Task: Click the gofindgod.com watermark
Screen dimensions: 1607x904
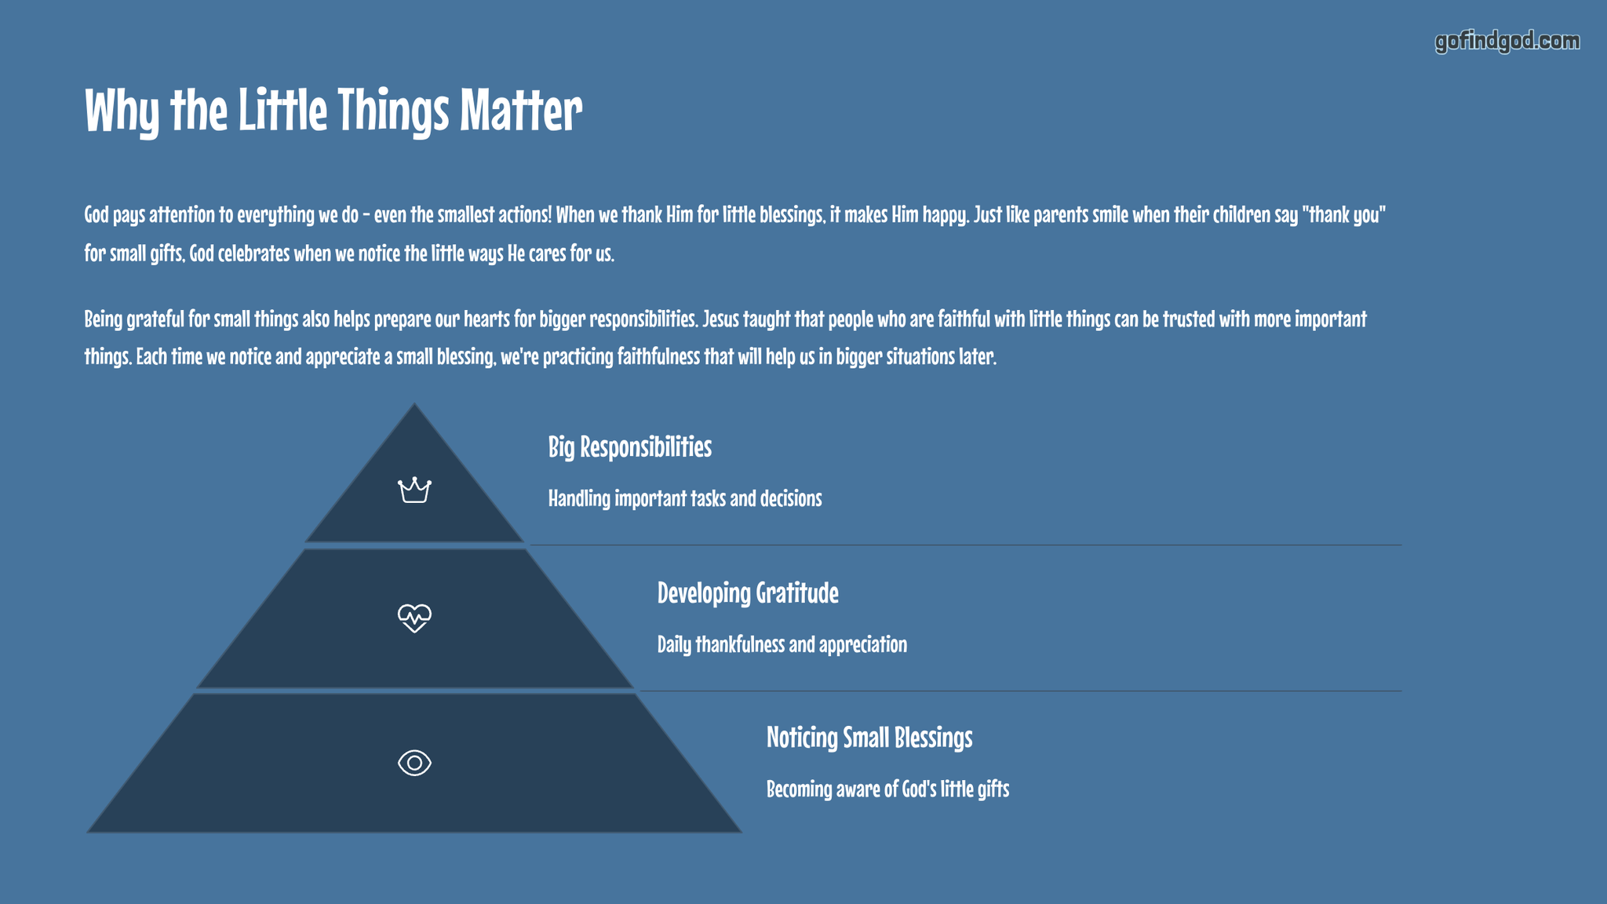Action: coord(1507,42)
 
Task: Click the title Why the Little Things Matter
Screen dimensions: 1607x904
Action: coord(333,110)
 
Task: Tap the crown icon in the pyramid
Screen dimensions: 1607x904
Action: coord(414,490)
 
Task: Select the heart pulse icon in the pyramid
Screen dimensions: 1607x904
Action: coord(414,618)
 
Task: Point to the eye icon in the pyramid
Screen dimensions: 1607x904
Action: coord(414,763)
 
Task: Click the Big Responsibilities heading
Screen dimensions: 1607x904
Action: coord(630,447)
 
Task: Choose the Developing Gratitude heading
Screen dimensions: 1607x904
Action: coord(748,592)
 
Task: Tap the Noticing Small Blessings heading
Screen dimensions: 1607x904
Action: coord(869,738)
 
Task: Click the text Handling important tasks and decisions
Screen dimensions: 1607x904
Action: coord(685,498)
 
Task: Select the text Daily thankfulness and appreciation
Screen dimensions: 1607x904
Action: coord(782,644)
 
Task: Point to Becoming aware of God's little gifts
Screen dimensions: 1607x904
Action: coord(887,789)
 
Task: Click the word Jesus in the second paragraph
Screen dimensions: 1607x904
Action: coord(720,319)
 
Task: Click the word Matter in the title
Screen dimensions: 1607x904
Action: coord(521,110)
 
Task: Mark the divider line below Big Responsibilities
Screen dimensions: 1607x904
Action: coord(966,545)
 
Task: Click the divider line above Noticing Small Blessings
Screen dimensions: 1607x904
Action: coord(1021,691)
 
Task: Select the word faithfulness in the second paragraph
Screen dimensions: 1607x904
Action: coord(658,356)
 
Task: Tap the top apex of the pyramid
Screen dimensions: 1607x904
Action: coord(414,404)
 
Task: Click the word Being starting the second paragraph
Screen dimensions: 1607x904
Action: coord(103,319)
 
